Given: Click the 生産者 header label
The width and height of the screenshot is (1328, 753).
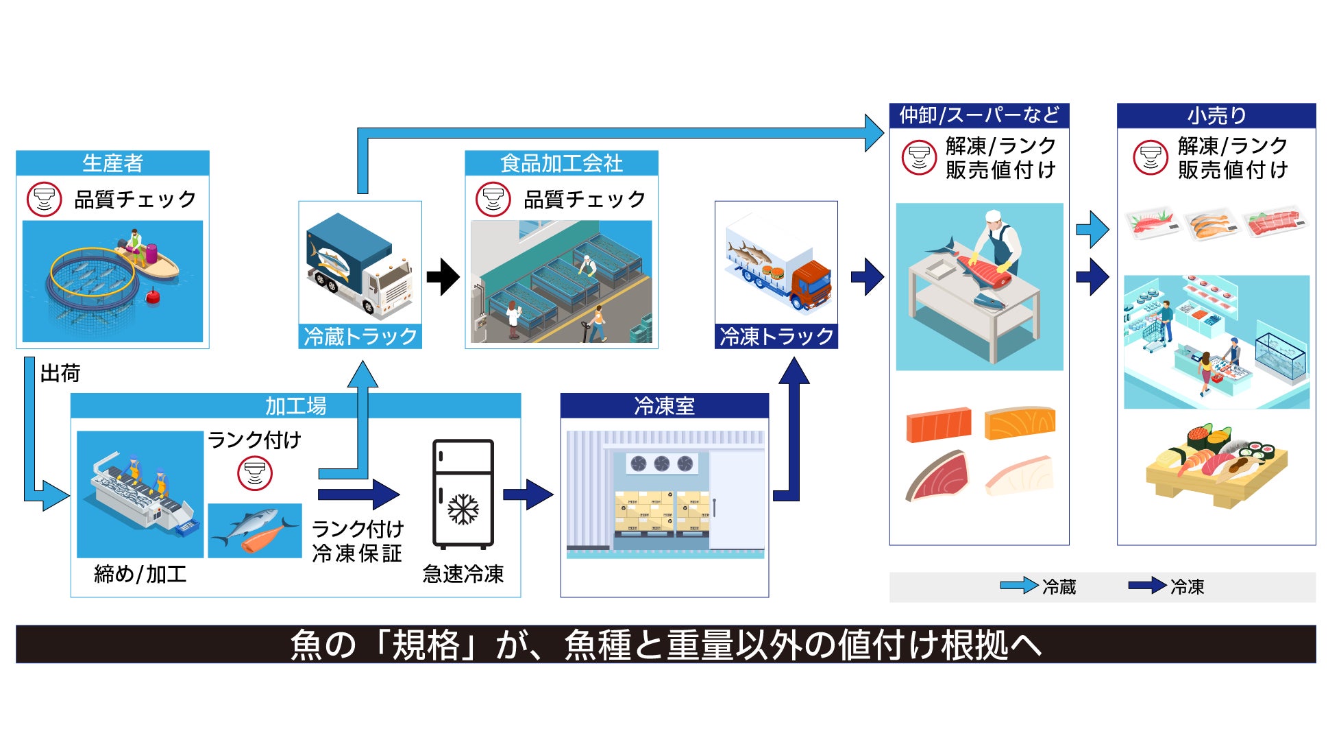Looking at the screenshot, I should click(x=112, y=163).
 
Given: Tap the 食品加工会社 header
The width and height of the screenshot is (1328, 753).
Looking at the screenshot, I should click(x=561, y=163).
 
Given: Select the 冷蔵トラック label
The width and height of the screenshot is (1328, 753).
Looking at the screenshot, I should click(x=360, y=337).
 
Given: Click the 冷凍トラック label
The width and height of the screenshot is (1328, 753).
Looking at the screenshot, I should click(x=776, y=337).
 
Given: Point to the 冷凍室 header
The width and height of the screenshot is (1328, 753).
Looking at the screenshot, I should click(x=664, y=406).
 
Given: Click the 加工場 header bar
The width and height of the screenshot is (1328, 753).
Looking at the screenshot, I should click(x=295, y=406).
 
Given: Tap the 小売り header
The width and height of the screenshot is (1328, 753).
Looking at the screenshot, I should click(x=1216, y=116).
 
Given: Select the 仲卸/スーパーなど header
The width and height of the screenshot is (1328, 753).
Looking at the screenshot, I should click(x=979, y=115).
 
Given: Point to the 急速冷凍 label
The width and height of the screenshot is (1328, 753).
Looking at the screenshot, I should click(x=463, y=574).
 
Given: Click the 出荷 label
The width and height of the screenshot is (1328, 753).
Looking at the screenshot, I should click(x=60, y=373).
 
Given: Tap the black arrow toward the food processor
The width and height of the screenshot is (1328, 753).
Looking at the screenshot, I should click(x=443, y=277).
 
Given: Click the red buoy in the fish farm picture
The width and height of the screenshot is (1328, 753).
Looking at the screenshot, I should click(x=153, y=297).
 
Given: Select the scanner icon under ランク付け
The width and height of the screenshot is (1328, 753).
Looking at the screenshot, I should click(x=254, y=474).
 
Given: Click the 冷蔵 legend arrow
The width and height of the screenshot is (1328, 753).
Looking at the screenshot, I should click(x=1018, y=586).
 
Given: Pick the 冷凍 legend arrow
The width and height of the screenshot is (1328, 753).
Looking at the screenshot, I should click(x=1146, y=586).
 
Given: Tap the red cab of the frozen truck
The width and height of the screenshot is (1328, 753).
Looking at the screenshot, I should click(x=811, y=283).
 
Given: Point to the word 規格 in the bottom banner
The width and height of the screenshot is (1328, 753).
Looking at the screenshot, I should click(x=426, y=645).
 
